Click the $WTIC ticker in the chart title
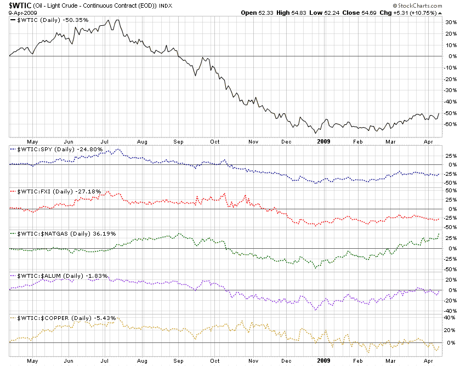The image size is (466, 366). tap(20, 5)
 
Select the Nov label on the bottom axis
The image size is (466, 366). tap(253, 361)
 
